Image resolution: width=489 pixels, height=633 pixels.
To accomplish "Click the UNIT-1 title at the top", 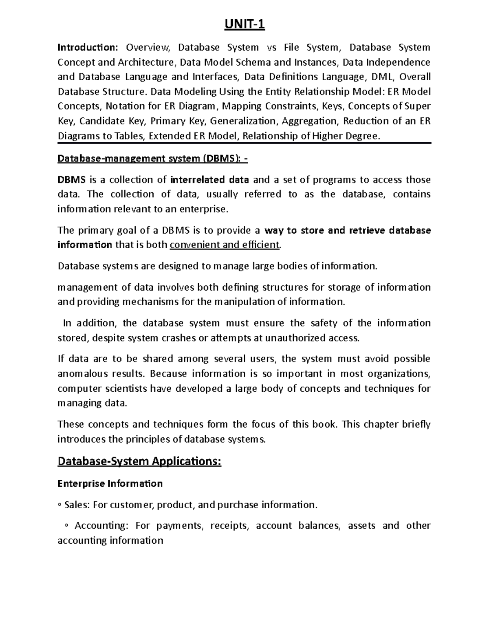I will point(244,25).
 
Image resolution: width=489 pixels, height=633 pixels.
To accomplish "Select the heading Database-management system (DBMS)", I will point(152,159).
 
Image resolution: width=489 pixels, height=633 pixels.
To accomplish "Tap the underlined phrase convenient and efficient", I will point(225,245).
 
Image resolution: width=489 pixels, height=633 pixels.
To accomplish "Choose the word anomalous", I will point(83,374).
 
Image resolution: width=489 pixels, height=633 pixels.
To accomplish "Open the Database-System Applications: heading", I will point(139,461).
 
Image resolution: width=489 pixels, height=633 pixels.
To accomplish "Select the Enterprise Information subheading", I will point(110,483).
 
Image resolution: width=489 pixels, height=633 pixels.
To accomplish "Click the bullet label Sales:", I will point(77,505).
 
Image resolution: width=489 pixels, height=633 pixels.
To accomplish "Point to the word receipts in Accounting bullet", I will point(229,526).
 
